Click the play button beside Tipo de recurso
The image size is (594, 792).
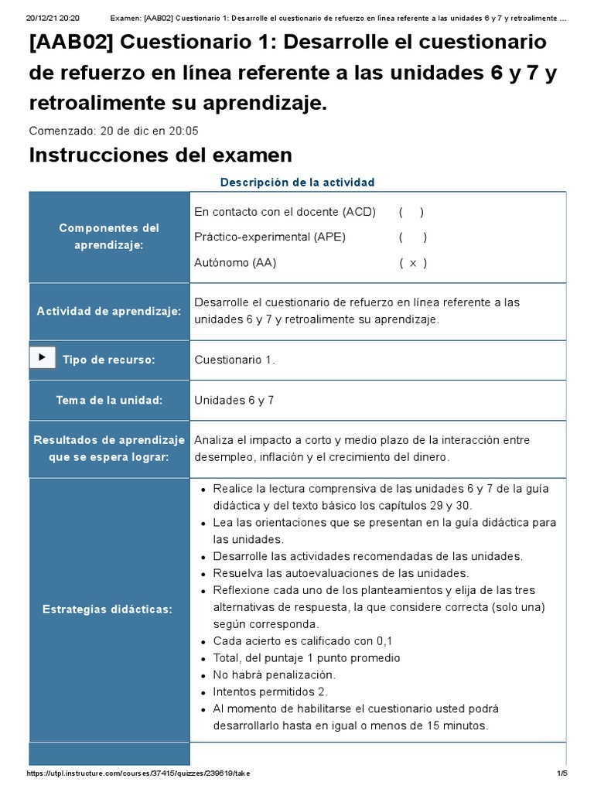pyautogui.click(x=42, y=357)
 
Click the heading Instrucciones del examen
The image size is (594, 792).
pyautogui.click(x=160, y=155)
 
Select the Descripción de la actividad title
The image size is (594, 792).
pyautogui.click(x=297, y=183)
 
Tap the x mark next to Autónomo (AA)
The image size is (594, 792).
pyautogui.click(x=413, y=263)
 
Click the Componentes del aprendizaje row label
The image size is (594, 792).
pyautogui.click(x=109, y=236)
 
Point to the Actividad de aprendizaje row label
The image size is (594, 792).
pyautogui.click(x=109, y=311)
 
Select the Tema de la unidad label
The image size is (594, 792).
pyautogui.click(x=109, y=401)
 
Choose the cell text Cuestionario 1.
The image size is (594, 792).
pyautogui.click(x=234, y=360)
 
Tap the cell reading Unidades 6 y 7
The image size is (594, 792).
pyautogui.click(x=234, y=401)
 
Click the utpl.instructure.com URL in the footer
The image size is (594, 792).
pyautogui.click(x=138, y=773)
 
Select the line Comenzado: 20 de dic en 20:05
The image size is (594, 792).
pyautogui.click(x=114, y=131)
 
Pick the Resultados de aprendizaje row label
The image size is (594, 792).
pyautogui.click(x=109, y=449)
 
